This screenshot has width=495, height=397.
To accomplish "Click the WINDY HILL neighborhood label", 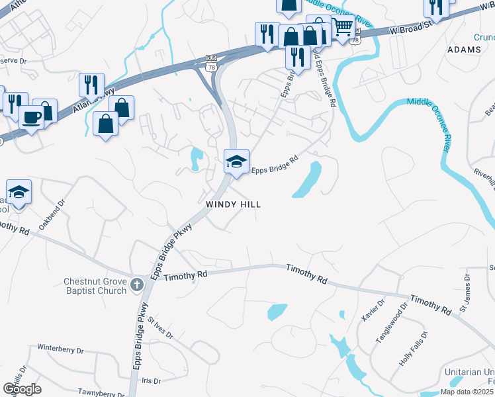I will (233, 204).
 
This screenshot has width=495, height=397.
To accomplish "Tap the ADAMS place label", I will (464, 50).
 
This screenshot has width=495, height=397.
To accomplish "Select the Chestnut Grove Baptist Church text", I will (95, 286).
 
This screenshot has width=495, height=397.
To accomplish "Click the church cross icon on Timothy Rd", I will (137, 285).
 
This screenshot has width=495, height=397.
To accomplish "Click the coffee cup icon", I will (31, 118).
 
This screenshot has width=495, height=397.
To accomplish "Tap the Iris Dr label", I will (152, 381).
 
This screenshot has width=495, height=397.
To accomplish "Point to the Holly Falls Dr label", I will (414, 349).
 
